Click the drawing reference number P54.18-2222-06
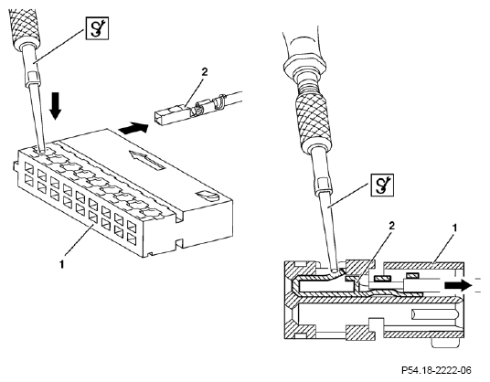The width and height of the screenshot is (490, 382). [x=436, y=371]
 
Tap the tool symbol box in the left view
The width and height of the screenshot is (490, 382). [x=97, y=28]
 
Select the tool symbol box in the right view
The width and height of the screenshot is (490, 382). [x=382, y=185]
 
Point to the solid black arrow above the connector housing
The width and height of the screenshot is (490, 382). [x=133, y=128]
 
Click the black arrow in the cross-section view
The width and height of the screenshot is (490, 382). [x=458, y=285]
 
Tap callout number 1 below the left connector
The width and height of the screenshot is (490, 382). [x=62, y=264]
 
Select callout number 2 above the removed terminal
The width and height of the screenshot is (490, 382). [x=205, y=72]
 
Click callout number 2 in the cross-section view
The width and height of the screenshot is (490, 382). [x=391, y=226]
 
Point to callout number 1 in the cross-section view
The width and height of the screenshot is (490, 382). [x=455, y=228]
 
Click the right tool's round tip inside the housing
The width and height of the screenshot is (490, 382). [x=334, y=268]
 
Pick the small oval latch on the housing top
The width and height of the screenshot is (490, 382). [x=207, y=196]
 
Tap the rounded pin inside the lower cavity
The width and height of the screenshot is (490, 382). [x=435, y=315]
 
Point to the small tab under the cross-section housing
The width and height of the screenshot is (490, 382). [x=445, y=344]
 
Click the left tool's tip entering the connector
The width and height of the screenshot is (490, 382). [x=41, y=150]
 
